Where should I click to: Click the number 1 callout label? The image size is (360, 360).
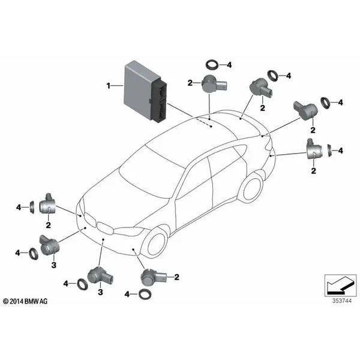tap(109, 86)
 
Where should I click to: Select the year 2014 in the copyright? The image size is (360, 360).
tap(19, 300)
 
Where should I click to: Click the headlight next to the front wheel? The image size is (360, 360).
tap(133, 230)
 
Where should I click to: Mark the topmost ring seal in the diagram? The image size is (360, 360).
tap(212, 64)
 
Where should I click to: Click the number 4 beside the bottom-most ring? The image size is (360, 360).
tap(127, 293)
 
